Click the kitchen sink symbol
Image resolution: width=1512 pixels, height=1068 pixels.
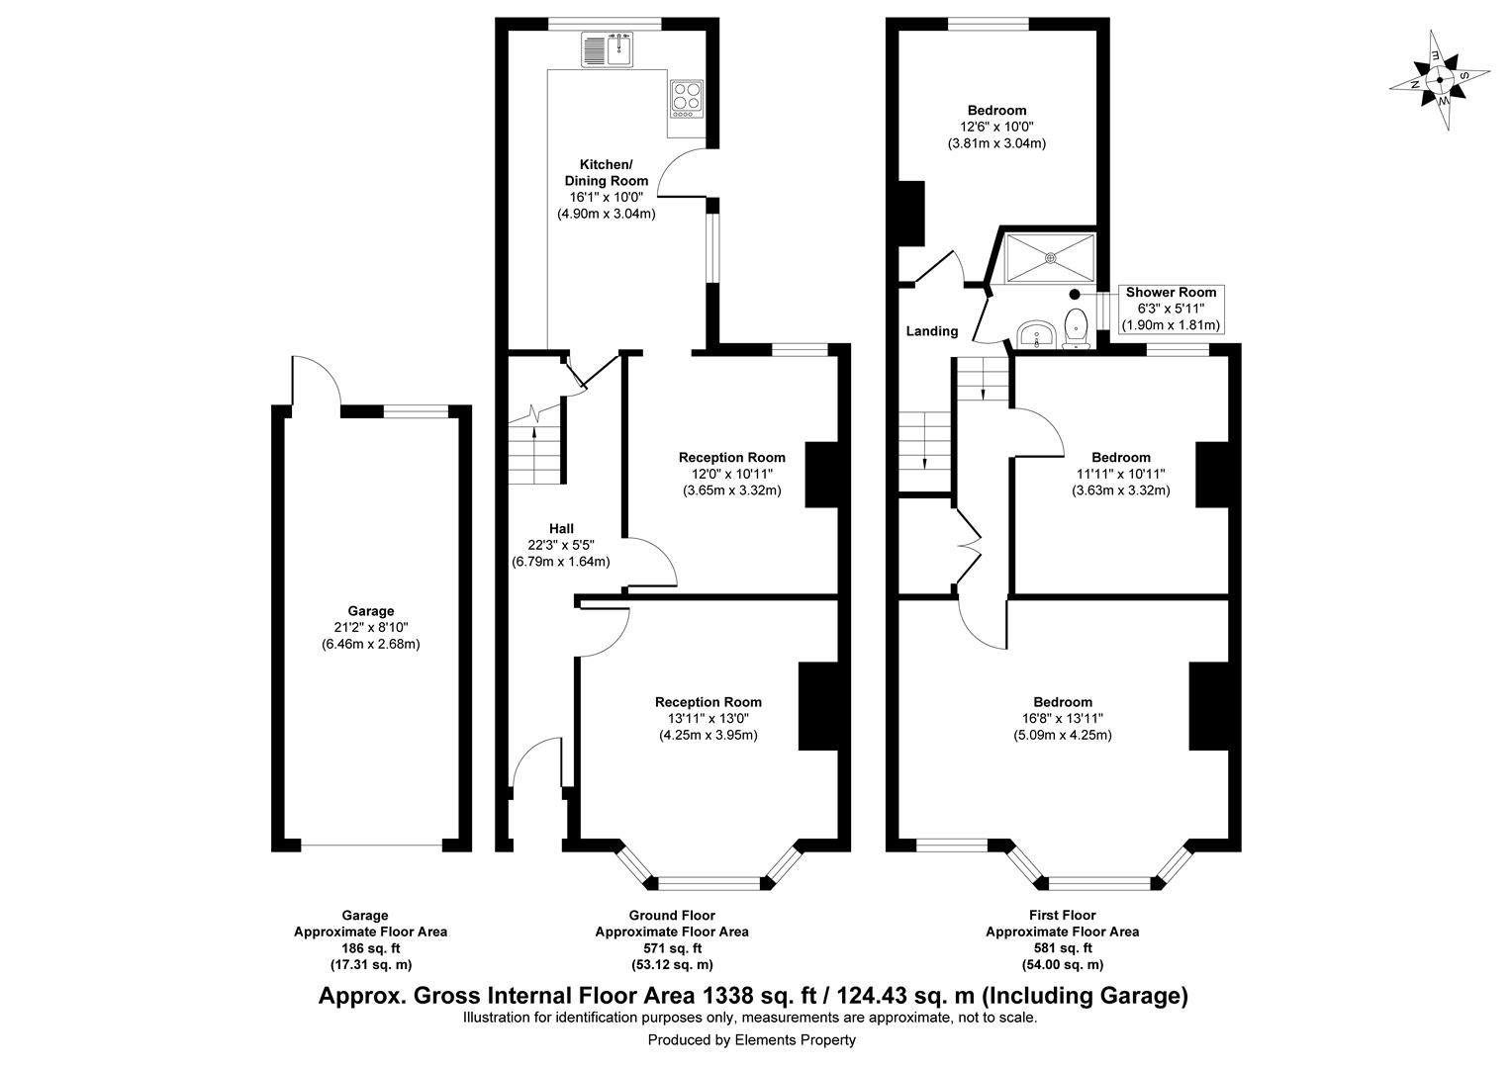point(609,49)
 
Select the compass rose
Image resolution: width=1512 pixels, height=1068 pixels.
point(1440,81)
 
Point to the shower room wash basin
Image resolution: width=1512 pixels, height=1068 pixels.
point(1035,335)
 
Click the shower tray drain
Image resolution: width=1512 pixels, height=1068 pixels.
point(1051,258)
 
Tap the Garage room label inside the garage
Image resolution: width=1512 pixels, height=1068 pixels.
point(370,611)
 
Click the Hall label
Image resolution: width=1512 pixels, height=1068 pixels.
point(561,528)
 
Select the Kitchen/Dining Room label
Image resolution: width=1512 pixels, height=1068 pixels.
point(606,172)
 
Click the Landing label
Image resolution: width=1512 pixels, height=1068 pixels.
point(932,331)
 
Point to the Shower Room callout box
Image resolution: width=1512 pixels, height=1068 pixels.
point(1171,309)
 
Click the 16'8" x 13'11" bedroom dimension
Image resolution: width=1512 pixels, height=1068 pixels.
point(1063,719)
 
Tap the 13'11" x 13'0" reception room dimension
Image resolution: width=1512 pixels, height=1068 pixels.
point(708,719)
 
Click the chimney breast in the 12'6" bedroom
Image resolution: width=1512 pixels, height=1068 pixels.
point(910,213)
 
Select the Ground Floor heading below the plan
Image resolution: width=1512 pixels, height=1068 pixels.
point(671,916)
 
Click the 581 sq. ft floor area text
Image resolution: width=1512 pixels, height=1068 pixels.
point(1062,948)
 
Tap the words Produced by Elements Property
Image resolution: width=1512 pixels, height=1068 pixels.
point(751,1040)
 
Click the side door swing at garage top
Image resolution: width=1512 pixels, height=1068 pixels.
point(315,382)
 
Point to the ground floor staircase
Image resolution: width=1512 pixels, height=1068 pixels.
point(535,450)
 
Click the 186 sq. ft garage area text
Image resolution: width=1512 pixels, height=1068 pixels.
point(370,948)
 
